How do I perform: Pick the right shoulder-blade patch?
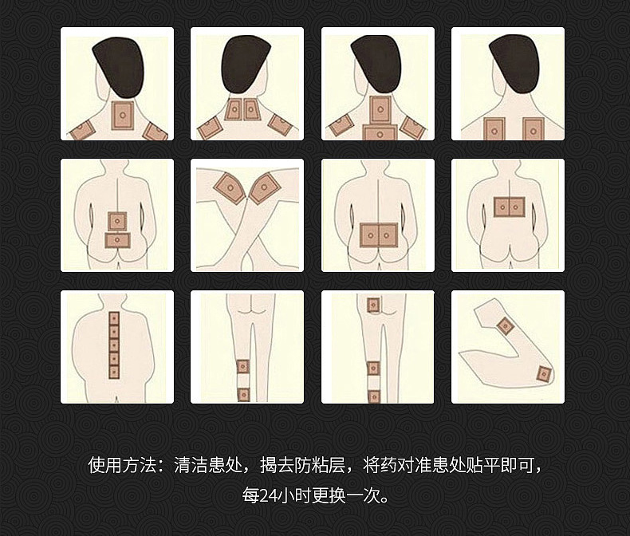click(532, 128)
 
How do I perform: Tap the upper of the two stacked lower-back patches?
click(117, 219)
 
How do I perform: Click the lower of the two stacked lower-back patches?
click(117, 238)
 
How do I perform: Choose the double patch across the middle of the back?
click(508, 207)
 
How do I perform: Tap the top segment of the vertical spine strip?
click(113, 318)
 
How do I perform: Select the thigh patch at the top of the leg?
click(372, 305)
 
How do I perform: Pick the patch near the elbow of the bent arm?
click(504, 325)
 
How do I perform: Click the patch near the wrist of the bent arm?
click(544, 374)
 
